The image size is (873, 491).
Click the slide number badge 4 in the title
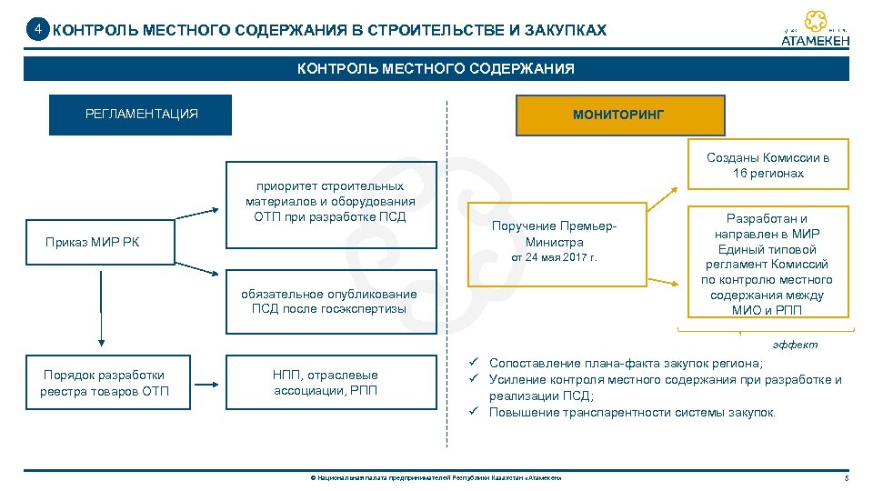click(37, 30)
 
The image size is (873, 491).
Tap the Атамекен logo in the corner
click(816, 29)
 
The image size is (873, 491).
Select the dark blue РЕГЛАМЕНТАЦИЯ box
click(141, 115)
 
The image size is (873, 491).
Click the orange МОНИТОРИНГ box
click(619, 115)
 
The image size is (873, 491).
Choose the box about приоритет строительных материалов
click(330, 202)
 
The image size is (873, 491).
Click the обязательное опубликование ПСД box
click(330, 301)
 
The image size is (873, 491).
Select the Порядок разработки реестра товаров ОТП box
click(105, 383)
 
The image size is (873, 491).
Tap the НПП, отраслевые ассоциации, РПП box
click(326, 383)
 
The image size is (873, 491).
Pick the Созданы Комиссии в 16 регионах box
click(768, 165)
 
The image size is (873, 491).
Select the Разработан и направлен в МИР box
click(767, 265)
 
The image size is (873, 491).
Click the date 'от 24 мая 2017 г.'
click(555, 258)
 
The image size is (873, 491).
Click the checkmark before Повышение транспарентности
click(474, 413)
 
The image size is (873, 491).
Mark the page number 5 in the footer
click(847, 478)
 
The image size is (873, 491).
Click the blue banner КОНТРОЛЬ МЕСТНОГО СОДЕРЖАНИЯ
click(436, 69)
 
